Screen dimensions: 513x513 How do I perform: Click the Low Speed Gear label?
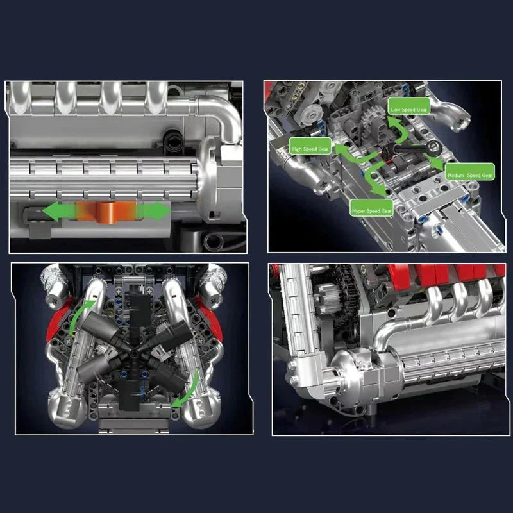[410, 109]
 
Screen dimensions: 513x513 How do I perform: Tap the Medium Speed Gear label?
[469, 174]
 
